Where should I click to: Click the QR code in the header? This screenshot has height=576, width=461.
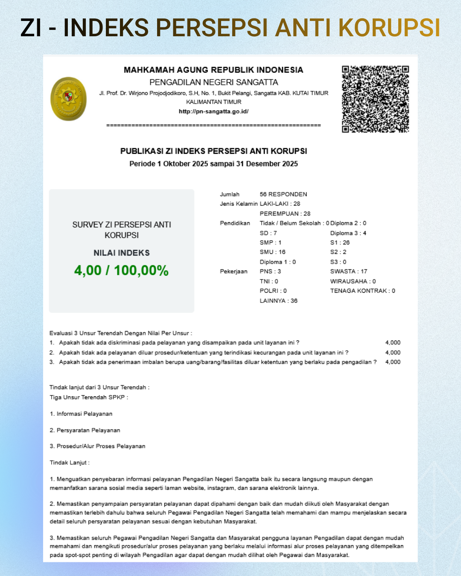(x=375, y=99)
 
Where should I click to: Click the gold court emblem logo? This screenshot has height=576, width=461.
(x=68, y=99)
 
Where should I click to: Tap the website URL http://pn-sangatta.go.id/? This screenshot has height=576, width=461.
(x=213, y=111)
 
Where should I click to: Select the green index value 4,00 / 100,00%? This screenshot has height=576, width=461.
(x=121, y=271)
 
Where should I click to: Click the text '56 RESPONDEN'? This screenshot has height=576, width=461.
(x=283, y=194)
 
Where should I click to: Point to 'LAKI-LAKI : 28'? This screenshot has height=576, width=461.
(x=280, y=204)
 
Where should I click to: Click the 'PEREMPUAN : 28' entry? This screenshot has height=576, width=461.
(x=285, y=214)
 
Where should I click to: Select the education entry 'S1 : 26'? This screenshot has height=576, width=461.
(x=340, y=242)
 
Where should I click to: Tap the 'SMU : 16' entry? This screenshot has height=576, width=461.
(x=272, y=252)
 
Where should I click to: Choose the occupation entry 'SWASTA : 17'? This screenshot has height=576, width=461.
(x=349, y=271)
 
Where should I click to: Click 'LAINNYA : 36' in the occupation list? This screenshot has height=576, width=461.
(x=278, y=301)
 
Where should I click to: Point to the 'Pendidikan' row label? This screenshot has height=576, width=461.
(x=235, y=223)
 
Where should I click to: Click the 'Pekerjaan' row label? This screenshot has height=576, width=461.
(x=233, y=271)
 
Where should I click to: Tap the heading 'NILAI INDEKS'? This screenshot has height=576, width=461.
(x=122, y=253)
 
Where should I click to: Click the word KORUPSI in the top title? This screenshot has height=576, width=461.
(x=389, y=28)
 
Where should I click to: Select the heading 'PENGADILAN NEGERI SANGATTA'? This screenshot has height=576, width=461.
(x=213, y=82)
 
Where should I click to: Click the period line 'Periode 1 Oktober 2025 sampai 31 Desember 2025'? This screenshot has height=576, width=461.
(x=213, y=164)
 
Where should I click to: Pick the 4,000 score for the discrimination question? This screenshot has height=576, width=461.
(x=393, y=343)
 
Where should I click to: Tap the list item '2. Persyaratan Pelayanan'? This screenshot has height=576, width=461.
(x=85, y=430)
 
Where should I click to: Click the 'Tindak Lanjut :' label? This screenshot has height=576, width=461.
(x=70, y=463)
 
